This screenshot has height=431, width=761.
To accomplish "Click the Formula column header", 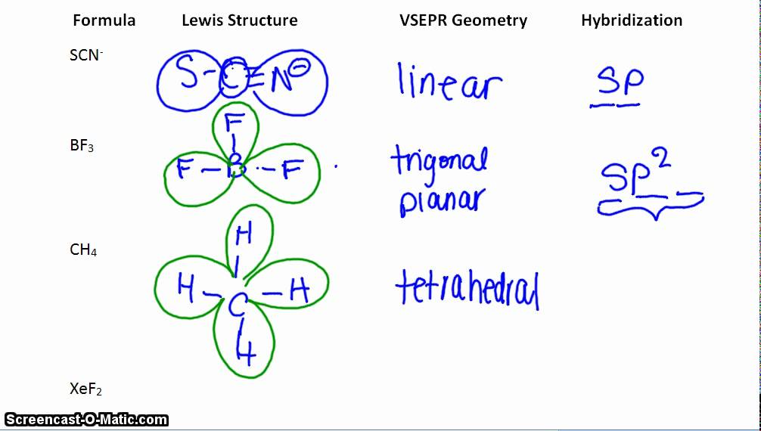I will pyautogui.click(x=104, y=20).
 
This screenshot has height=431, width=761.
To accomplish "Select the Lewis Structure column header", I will pyautogui.click(x=239, y=21).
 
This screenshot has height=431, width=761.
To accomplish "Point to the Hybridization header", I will pyautogui.click(x=632, y=20).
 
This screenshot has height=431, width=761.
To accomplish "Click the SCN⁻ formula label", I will pyautogui.click(x=85, y=55).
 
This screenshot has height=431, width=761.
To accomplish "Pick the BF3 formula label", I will pyautogui.click(x=82, y=146).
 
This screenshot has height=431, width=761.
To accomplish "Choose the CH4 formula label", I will pyautogui.click(x=83, y=250).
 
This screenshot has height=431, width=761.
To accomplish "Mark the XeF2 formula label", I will pyautogui.click(x=85, y=389).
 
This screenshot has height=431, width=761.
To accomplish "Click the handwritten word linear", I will pyautogui.click(x=449, y=82).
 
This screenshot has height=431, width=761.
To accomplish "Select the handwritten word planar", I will pyautogui.click(x=442, y=201).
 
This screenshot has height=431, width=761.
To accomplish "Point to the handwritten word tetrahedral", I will pyautogui.click(x=467, y=290).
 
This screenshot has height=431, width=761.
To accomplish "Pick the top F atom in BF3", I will pyautogui.click(x=235, y=123).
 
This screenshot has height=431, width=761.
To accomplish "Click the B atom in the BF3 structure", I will pyautogui.click(x=236, y=168).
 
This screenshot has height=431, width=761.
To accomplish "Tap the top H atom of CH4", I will pyautogui.click(x=244, y=235).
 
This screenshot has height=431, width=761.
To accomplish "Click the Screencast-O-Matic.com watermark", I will pyautogui.click(x=86, y=419).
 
